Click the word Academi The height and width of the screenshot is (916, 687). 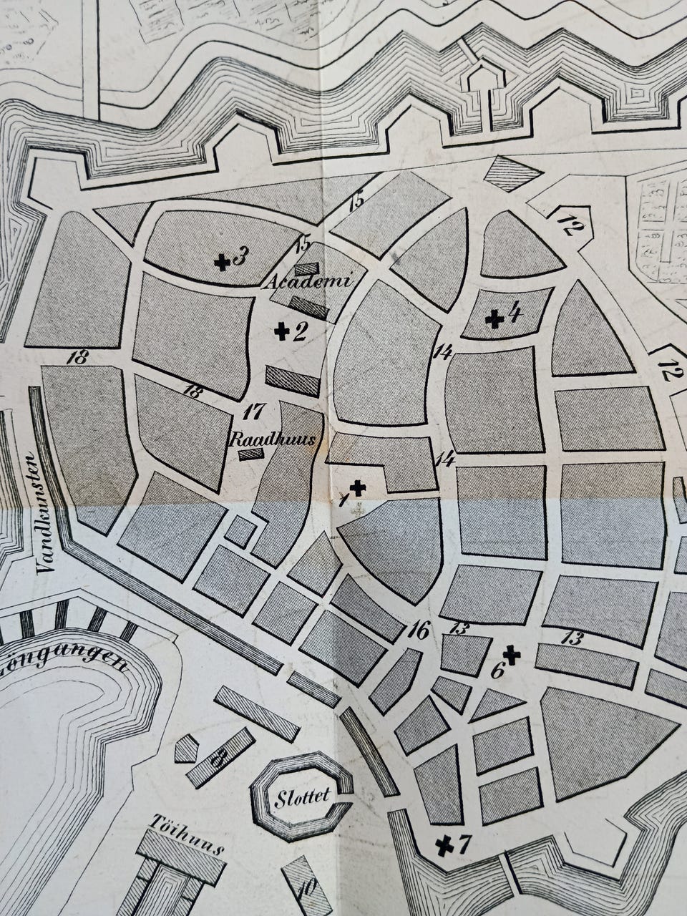pyautogui.click(x=309, y=282)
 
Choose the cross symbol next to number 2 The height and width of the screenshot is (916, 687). pyautogui.click(x=282, y=331)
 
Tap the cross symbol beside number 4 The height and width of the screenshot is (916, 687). pyautogui.click(x=494, y=319)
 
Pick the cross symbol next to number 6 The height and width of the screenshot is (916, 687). pyautogui.click(x=511, y=653)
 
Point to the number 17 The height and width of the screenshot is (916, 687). pyautogui.click(x=254, y=412)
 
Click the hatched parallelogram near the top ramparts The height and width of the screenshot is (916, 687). pyautogui.click(x=511, y=173)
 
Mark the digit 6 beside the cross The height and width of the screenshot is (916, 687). pyautogui.click(x=497, y=671)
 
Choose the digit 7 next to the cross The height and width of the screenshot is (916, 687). pyautogui.click(x=464, y=844)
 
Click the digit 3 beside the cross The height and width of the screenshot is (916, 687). pyautogui.click(x=240, y=255)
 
